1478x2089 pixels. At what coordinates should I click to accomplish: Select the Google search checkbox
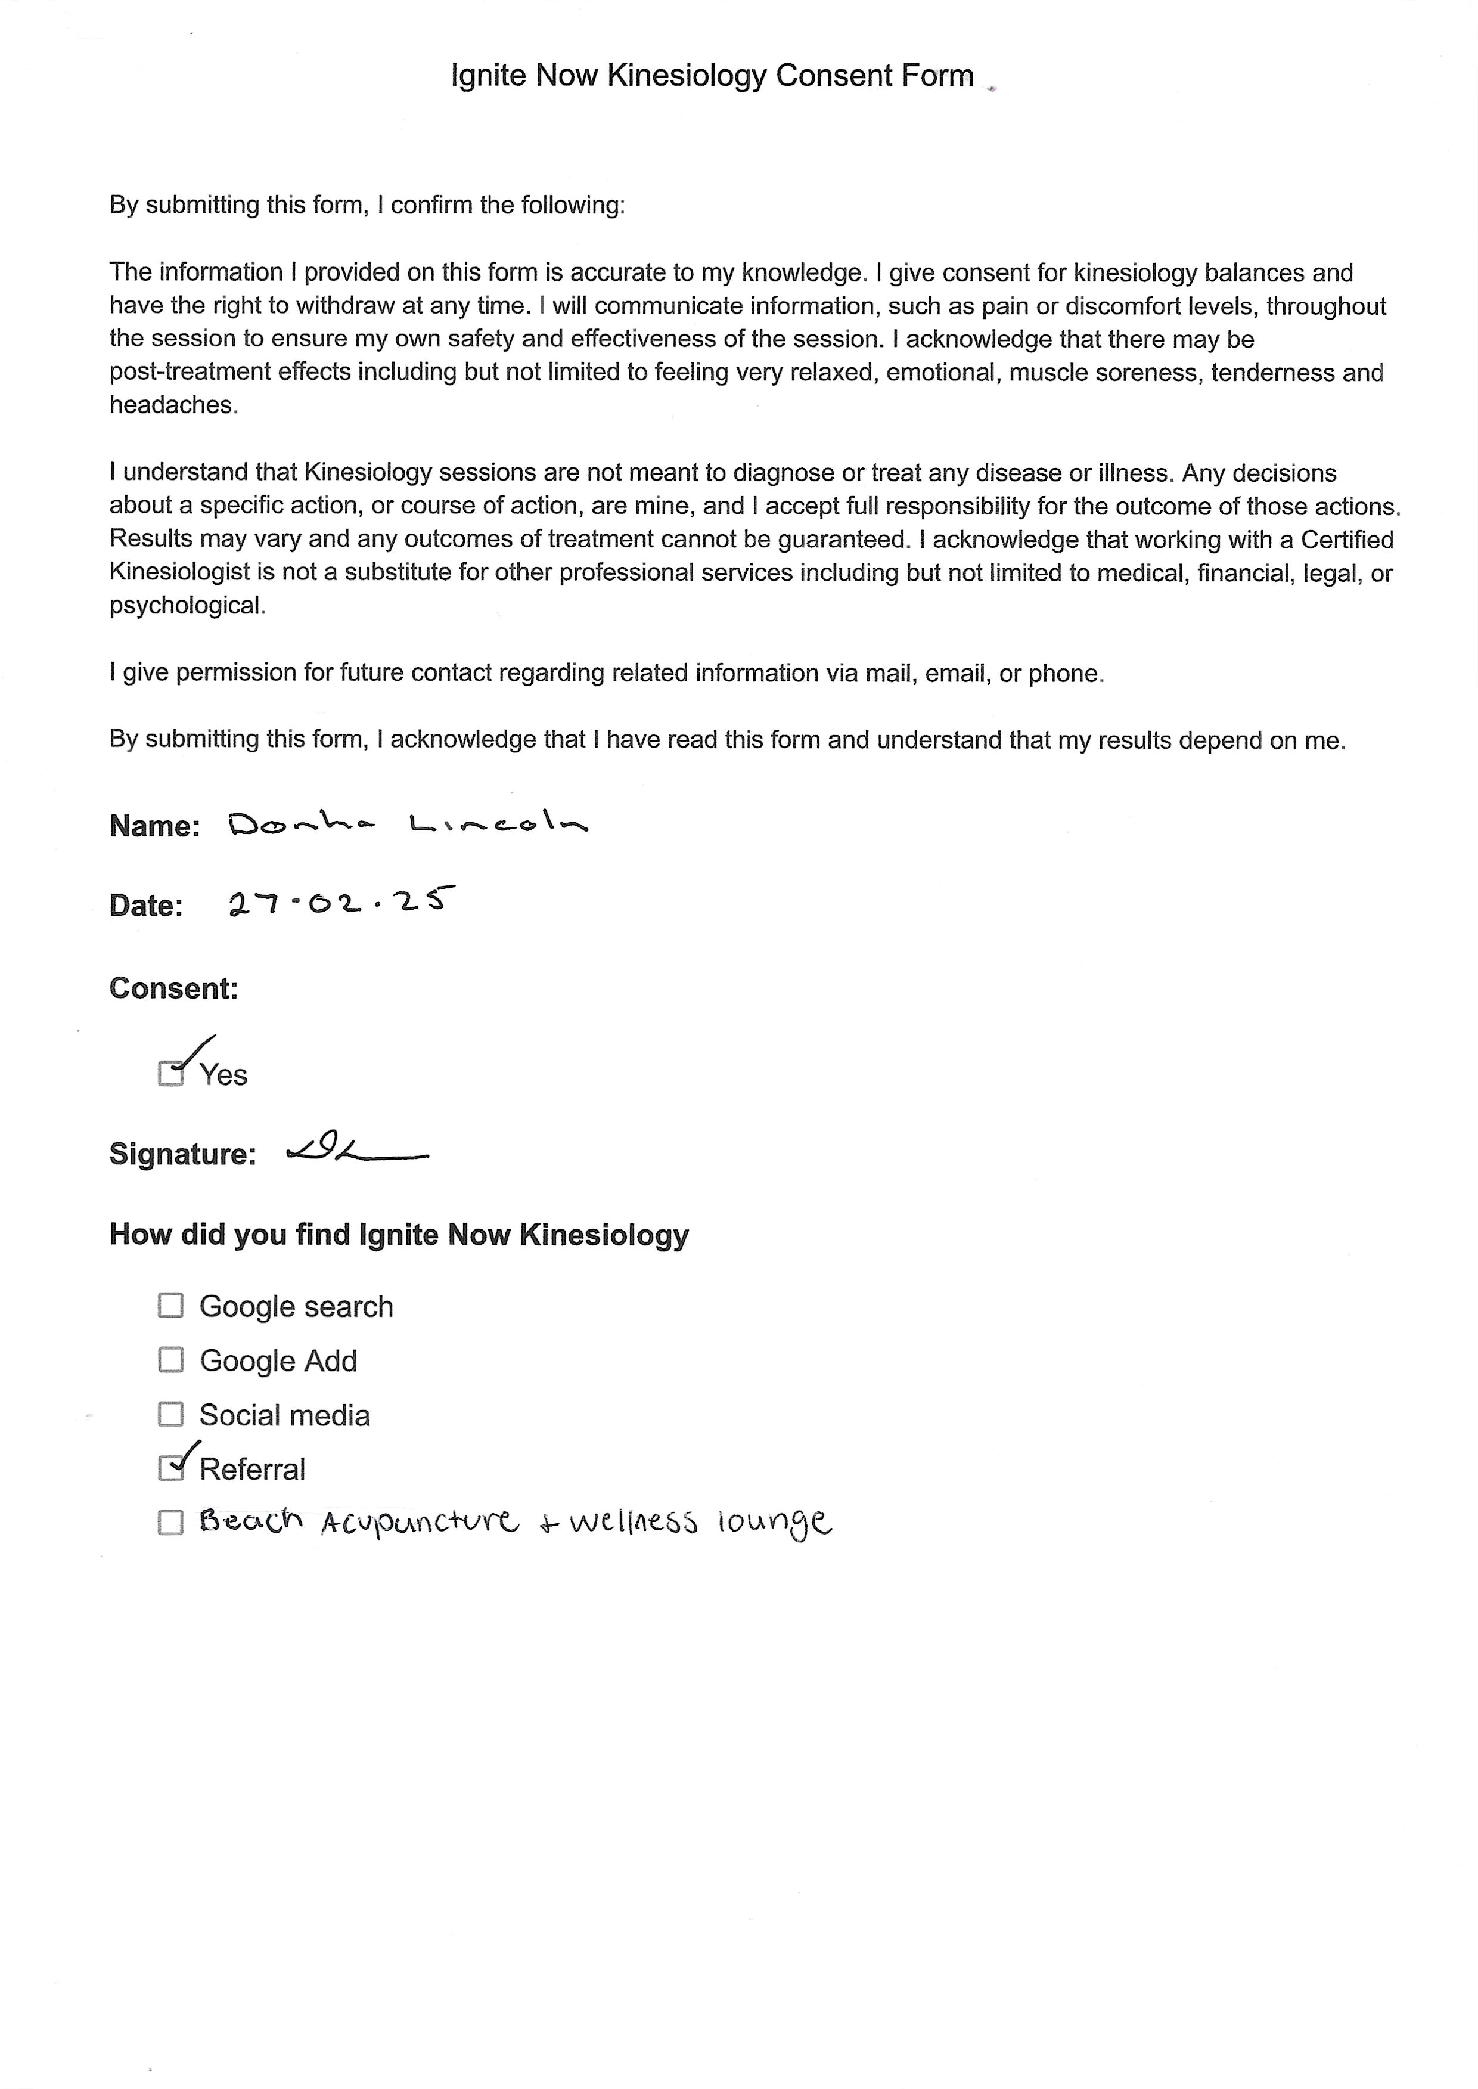tap(170, 1305)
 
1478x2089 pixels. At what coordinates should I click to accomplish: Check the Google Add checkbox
tap(170, 1360)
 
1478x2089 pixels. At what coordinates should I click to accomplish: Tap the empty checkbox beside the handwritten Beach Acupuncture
tap(170, 1522)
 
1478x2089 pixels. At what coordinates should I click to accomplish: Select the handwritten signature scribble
tap(355, 1153)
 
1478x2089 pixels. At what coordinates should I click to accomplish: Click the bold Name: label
tap(154, 826)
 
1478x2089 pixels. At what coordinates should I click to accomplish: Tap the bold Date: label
tap(145, 905)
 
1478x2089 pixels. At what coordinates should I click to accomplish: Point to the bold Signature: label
tap(182, 1154)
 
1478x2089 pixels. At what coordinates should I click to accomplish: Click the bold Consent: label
tap(173, 988)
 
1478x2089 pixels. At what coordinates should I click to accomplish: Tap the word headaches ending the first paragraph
tap(173, 405)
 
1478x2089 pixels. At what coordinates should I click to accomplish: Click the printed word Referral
tap(252, 1469)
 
